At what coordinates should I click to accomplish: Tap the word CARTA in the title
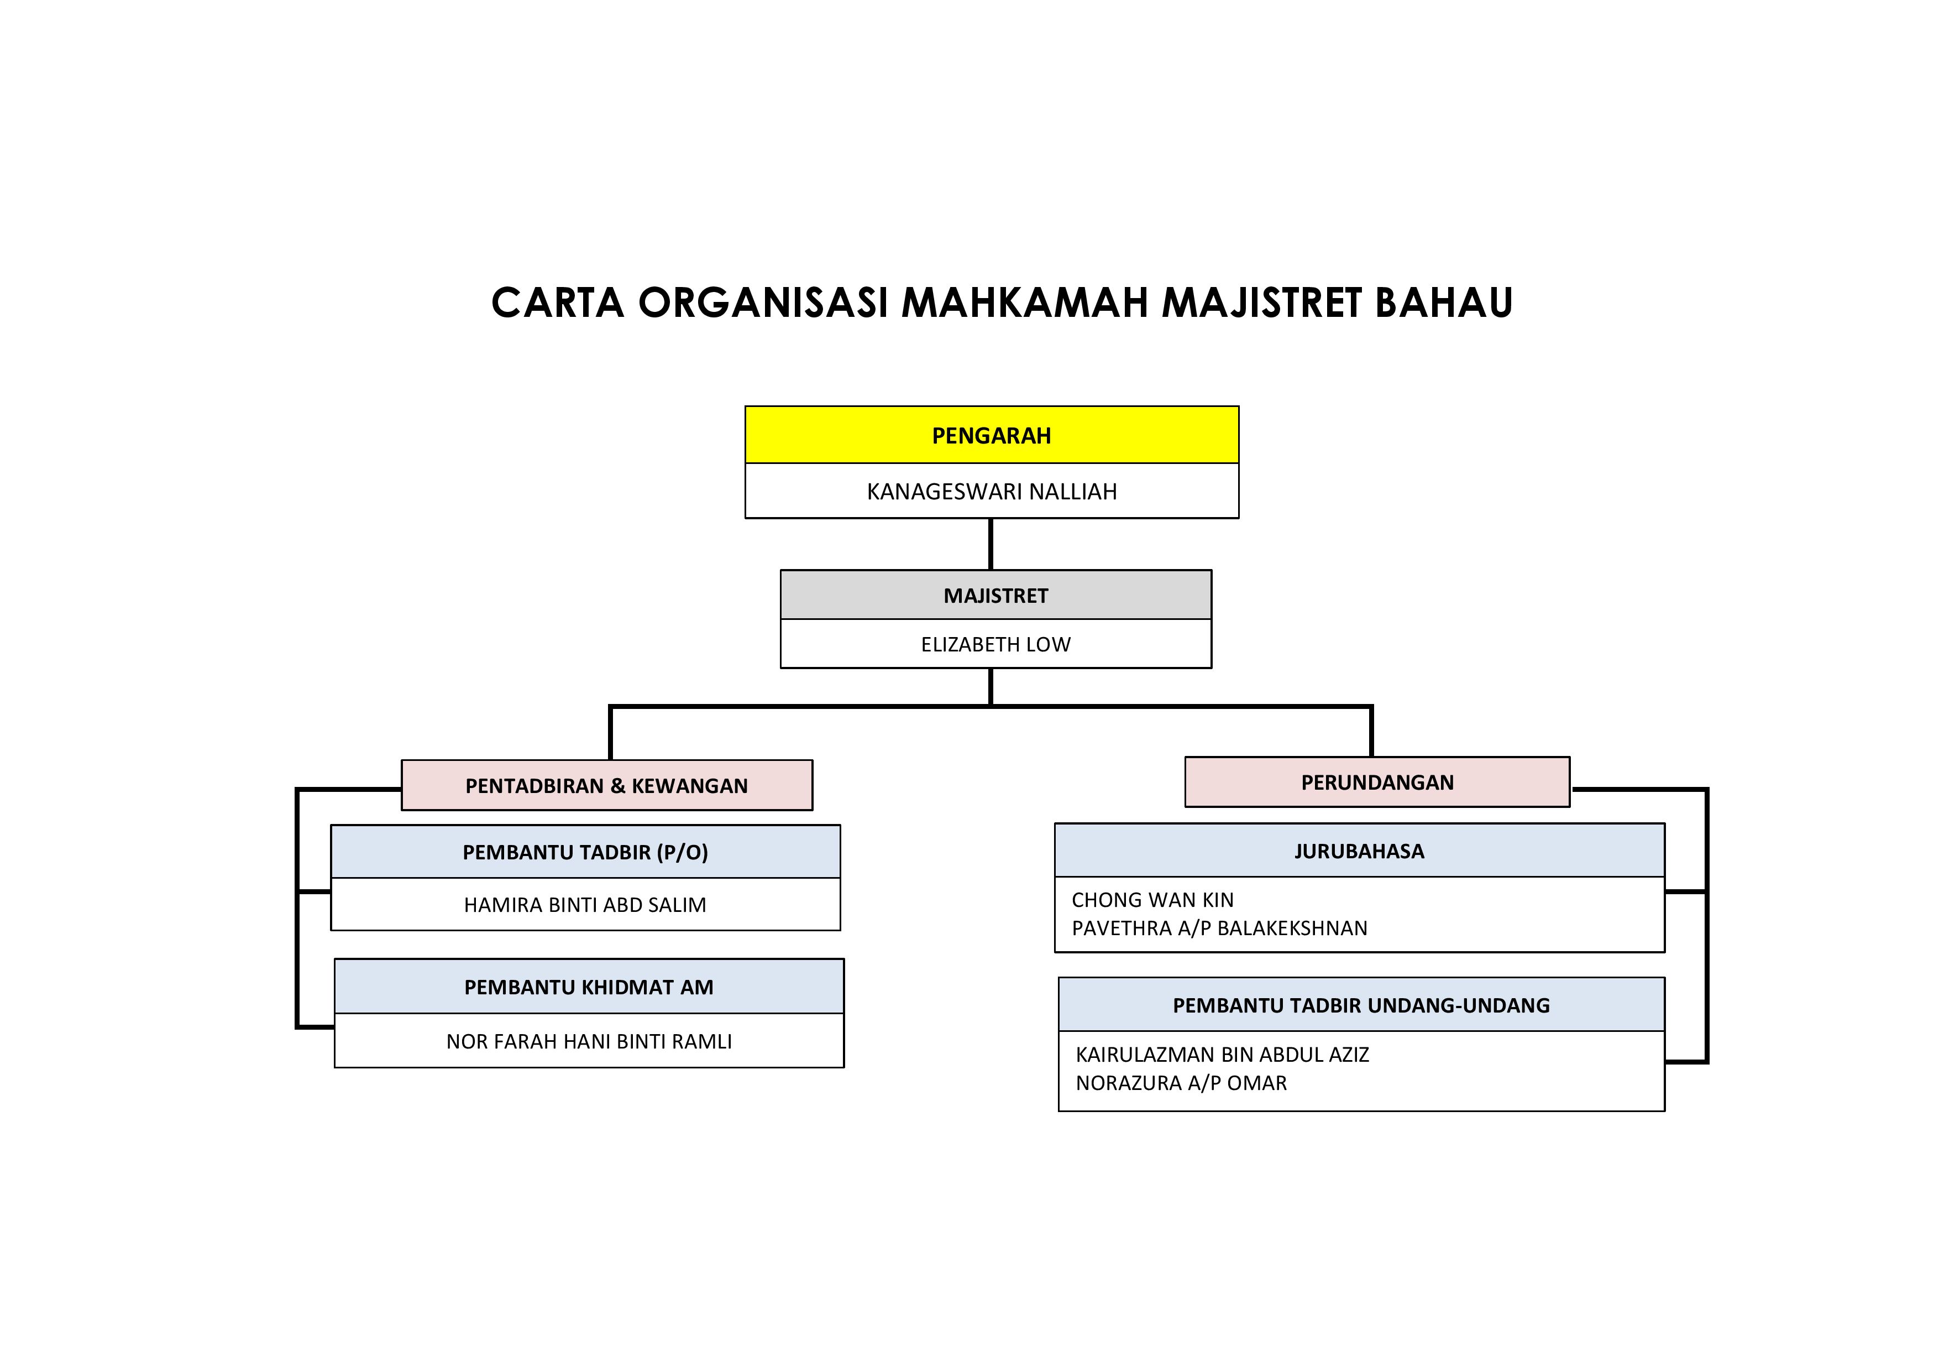point(557,303)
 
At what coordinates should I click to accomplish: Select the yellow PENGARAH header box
point(992,436)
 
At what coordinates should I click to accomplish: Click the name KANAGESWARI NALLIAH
point(992,492)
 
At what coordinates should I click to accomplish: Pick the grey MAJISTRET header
point(995,596)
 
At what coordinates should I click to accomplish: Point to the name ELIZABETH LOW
point(995,645)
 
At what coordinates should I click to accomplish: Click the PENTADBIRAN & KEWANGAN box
point(606,786)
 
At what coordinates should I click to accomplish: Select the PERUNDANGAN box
point(1376,782)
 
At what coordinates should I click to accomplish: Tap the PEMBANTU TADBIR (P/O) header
point(585,852)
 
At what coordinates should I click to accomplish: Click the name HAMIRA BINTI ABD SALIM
point(585,905)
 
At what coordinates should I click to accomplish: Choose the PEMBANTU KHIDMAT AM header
point(589,987)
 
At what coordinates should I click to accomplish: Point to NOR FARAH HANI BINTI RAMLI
point(589,1042)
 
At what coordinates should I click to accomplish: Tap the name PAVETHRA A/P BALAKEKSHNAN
point(1219,928)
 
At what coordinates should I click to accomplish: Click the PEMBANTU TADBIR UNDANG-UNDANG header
point(1360,1005)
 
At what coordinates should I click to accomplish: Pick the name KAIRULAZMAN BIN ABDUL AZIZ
point(1222,1055)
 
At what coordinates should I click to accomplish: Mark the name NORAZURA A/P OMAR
point(1181,1083)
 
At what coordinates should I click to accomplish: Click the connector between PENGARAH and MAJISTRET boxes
point(991,544)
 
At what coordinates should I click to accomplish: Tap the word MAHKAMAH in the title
point(1024,303)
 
